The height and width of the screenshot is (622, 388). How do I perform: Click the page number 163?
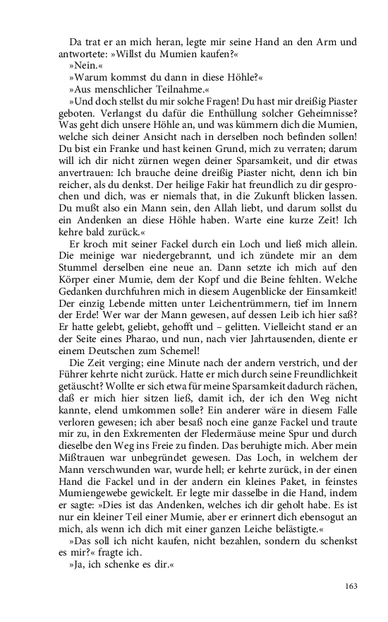click(x=350, y=585)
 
